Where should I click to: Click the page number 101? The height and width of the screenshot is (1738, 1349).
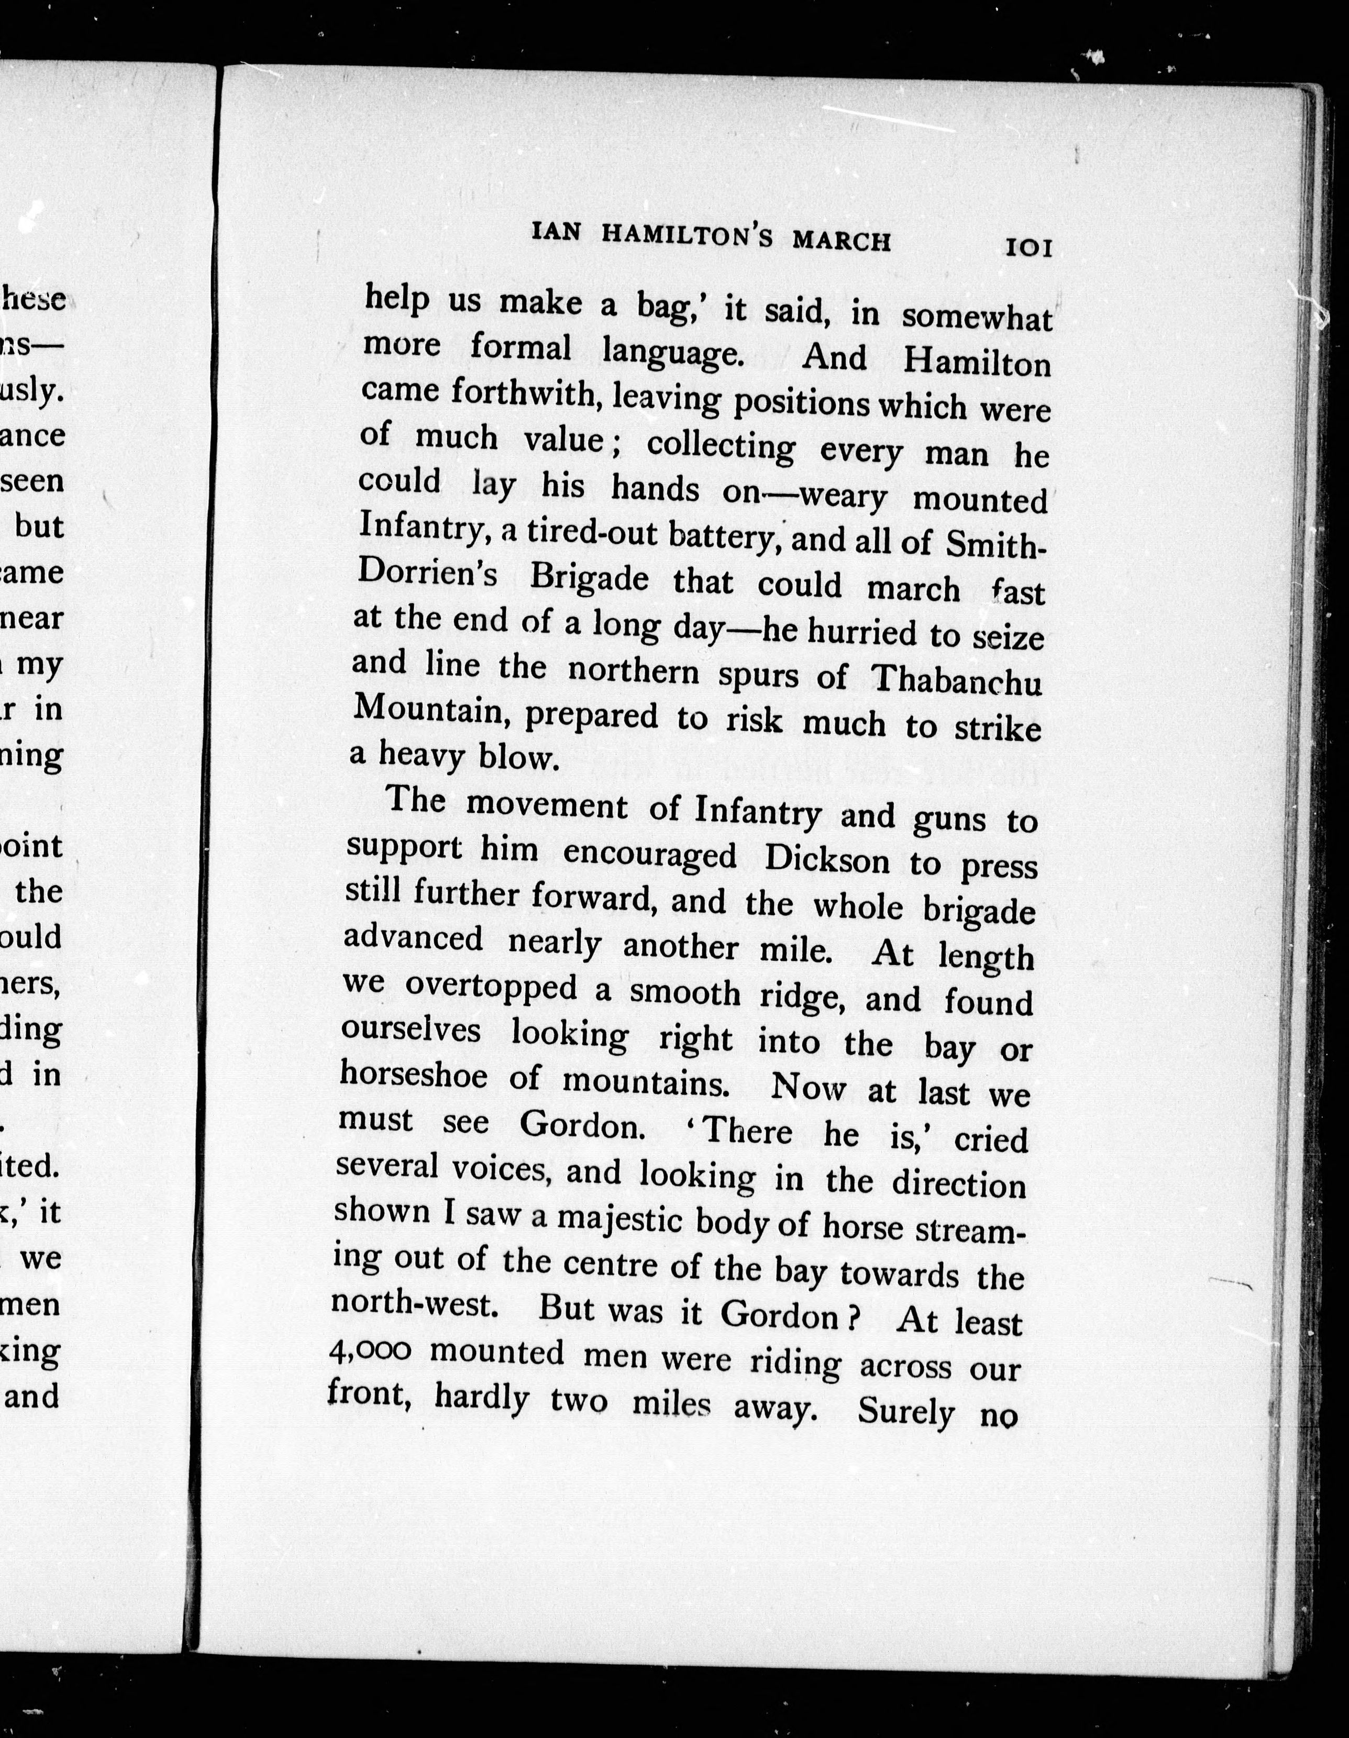pyautogui.click(x=1029, y=248)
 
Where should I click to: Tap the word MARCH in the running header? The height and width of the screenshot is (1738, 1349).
pyautogui.click(x=841, y=240)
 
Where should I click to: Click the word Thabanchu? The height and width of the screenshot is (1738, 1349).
pyautogui.click(x=957, y=682)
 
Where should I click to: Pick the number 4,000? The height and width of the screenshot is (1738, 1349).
pyautogui.click(x=370, y=1351)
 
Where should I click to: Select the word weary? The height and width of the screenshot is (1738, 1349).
pyautogui.click(x=842, y=498)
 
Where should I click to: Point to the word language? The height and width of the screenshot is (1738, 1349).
pyautogui.click(x=672, y=351)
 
